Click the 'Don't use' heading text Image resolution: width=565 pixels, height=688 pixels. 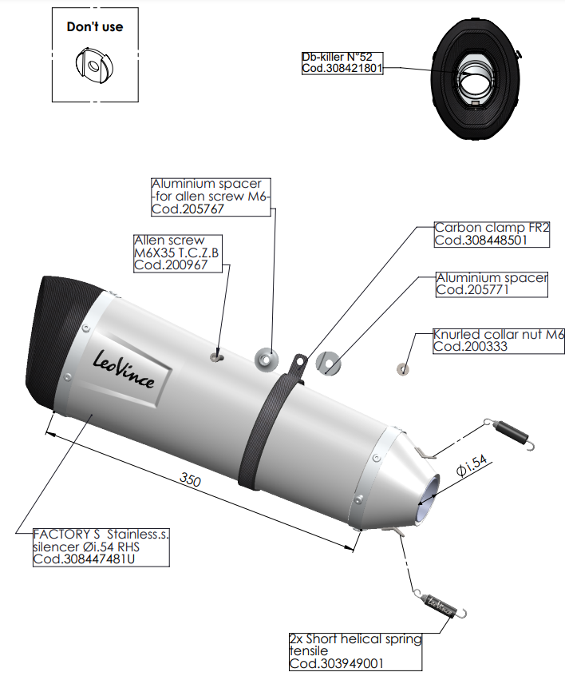[94, 27]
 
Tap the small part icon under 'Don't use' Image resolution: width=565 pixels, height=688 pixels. [94, 65]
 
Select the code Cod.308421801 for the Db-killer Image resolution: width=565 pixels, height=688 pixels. [342, 69]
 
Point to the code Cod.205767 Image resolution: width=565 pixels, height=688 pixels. [188, 209]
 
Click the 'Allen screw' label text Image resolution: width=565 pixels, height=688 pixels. [169, 241]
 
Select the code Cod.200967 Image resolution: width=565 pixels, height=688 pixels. [171, 265]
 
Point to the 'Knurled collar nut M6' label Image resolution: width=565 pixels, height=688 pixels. [498, 335]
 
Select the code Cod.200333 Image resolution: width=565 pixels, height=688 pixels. [468, 347]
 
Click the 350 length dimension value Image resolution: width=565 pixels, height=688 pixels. [190, 481]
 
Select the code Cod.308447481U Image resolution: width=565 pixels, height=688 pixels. [84, 559]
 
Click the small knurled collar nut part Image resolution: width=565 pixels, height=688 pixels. [403, 369]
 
